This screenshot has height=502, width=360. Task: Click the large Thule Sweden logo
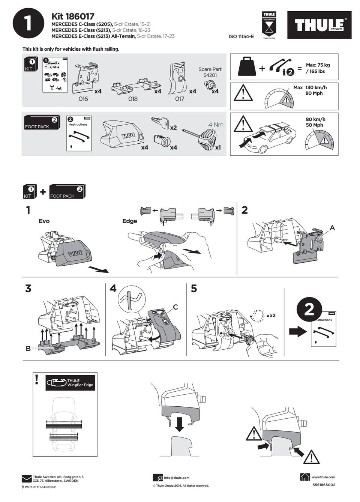pos(319,25)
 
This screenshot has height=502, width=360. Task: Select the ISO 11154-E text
pos(241,36)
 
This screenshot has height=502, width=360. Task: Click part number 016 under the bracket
pos(83,99)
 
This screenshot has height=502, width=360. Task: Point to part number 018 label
pos(133,99)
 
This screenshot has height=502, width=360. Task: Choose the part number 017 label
pos(180,99)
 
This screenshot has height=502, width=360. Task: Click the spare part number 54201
pos(210,75)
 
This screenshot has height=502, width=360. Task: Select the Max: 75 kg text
pos(318,65)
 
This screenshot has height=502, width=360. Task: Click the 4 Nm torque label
pos(216,125)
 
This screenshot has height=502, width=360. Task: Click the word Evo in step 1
pos(44,221)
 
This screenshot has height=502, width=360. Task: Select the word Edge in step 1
pos(130,221)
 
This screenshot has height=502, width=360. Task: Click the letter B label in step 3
pos(28,349)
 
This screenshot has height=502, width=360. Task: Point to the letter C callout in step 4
pos(175,307)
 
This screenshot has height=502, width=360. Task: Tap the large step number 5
pos(194,289)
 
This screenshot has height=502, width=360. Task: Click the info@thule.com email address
pos(177,478)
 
